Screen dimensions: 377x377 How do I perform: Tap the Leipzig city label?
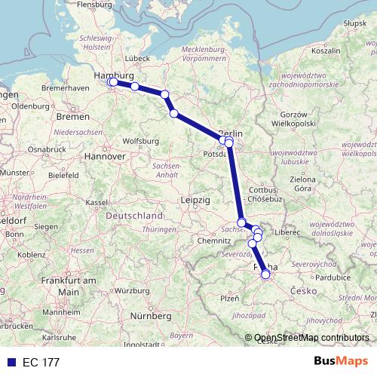(195, 199)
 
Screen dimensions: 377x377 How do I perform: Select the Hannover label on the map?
(104, 156)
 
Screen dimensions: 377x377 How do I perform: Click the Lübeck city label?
(138, 57)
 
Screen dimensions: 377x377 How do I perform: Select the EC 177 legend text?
(41, 362)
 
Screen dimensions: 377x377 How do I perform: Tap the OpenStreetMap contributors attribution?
(311, 338)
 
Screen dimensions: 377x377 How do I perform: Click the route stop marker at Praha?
(265, 274)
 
